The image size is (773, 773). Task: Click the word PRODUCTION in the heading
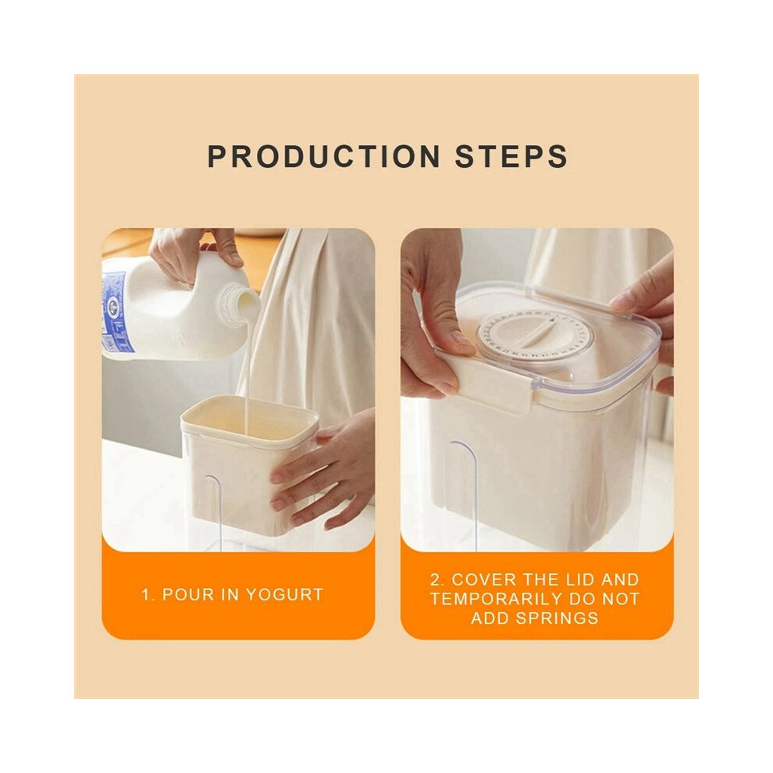pyautogui.click(x=324, y=157)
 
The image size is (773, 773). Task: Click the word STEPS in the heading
pyautogui.click(x=511, y=157)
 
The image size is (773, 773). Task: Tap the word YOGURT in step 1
pyautogui.click(x=284, y=594)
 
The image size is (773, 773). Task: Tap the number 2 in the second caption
pyautogui.click(x=436, y=579)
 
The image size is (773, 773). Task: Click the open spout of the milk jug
pyautogui.click(x=245, y=301)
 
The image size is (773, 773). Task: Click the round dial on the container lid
pyautogui.click(x=535, y=333)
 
